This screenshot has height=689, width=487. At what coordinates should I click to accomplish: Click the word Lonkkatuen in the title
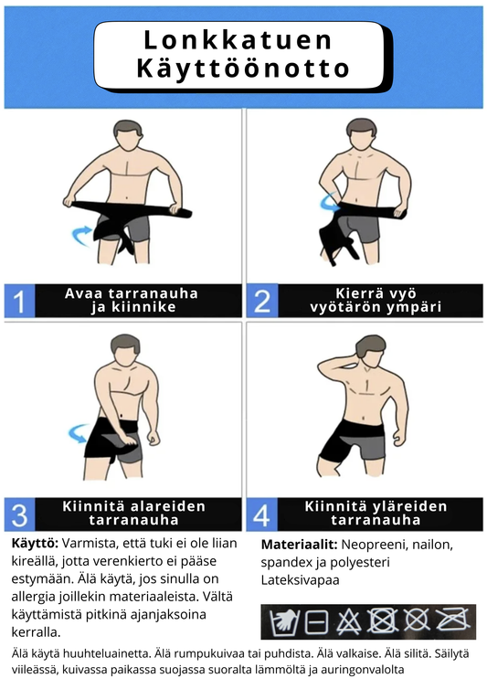coord(238,40)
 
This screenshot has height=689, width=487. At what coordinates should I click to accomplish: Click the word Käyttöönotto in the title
coord(243,69)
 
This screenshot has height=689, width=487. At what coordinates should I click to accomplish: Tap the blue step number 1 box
coord(20,301)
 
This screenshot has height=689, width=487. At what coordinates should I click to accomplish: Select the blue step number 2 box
coord(262,301)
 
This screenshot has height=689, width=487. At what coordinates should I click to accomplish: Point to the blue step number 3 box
coord(20,514)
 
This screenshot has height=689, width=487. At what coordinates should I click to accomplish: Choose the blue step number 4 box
coord(262,514)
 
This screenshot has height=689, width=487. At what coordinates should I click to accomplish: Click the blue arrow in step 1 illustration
coord(81,236)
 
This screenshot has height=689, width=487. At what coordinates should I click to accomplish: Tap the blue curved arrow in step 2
coord(329,202)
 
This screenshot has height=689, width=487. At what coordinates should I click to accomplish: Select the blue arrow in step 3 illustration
coord(79,433)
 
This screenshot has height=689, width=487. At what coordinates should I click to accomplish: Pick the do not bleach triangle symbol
coord(349,622)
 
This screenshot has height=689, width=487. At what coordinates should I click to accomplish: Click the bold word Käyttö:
coord(35,544)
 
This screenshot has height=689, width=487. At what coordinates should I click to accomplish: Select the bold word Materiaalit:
coord(300,545)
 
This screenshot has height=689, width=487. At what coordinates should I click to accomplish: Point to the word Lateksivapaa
coord(301,580)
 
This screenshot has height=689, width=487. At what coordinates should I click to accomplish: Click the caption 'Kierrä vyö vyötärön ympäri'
coord(376,301)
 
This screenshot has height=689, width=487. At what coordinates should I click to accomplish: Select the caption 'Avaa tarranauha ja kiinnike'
coord(132,300)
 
